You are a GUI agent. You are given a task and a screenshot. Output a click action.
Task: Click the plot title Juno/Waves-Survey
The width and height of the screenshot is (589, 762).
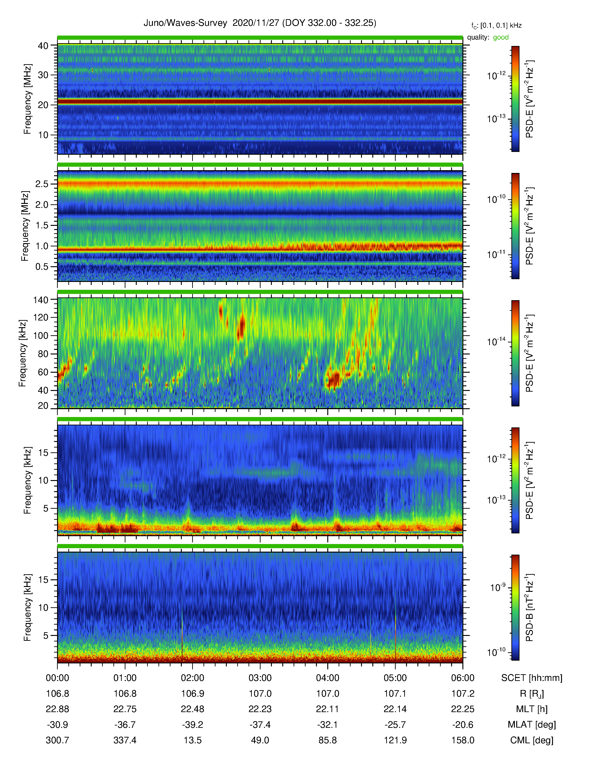(x=185, y=23)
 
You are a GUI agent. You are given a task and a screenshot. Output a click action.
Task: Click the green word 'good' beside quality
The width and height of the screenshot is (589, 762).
(x=501, y=37)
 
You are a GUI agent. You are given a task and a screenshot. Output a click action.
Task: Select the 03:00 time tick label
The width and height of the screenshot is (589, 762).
(x=260, y=678)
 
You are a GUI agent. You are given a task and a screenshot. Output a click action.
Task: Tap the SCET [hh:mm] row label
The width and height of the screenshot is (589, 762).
(x=532, y=678)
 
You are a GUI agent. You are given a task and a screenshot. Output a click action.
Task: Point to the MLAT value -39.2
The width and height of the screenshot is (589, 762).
(x=193, y=725)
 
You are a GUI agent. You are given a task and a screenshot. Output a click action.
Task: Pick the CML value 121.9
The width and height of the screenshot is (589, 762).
(x=395, y=740)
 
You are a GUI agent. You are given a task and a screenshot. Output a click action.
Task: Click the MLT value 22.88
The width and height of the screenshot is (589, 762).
(x=58, y=709)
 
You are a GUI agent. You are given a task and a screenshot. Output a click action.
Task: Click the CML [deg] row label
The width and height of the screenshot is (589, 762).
(x=532, y=740)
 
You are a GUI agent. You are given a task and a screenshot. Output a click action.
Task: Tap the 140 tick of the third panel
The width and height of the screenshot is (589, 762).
(x=41, y=300)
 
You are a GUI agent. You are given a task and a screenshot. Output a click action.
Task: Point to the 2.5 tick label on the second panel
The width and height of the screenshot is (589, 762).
(x=42, y=184)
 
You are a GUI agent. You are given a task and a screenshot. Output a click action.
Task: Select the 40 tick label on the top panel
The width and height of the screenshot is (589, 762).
(x=43, y=46)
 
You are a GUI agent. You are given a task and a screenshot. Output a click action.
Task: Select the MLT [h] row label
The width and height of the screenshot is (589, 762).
(x=532, y=709)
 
